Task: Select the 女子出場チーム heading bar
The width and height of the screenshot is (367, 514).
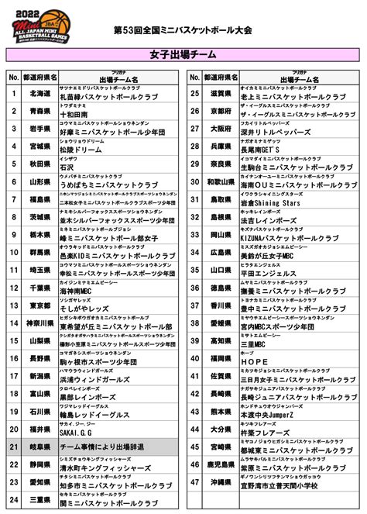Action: click(183, 56)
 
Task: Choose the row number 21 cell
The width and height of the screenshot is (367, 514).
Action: click(13, 447)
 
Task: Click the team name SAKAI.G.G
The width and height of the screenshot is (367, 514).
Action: click(81, 433)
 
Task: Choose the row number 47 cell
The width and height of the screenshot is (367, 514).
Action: click(196, 481)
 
